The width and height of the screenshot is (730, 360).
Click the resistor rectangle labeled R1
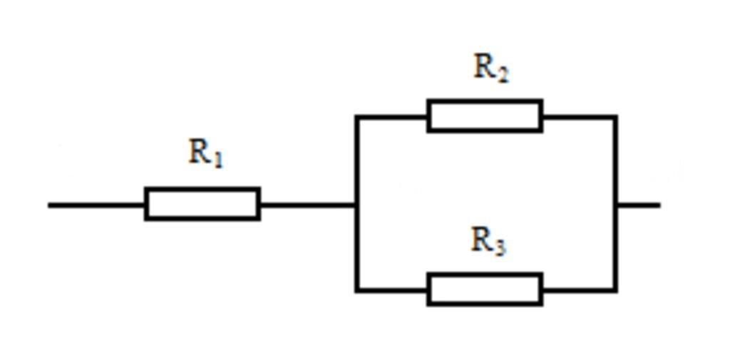[202, 204]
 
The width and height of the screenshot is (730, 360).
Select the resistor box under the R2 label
[485, 116]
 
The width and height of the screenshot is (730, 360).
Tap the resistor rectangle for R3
[485, 289]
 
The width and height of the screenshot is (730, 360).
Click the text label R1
[205, 153]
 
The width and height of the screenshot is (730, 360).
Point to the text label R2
[490, 68]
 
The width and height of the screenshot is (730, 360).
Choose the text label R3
[488, 241]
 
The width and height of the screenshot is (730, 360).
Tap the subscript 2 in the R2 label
[503, 74]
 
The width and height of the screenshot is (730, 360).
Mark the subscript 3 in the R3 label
[500, 247]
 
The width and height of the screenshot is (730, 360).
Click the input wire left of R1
[96, 205]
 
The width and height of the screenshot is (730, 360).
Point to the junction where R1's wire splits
[356, 205]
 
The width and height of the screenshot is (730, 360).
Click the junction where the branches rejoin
[615, 205]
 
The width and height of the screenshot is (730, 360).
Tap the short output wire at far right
[639, 205]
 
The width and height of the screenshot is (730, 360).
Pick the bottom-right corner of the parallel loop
[615, 290]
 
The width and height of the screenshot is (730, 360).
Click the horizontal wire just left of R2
[392, 116]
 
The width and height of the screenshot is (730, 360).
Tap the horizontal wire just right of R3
[579, 290]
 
